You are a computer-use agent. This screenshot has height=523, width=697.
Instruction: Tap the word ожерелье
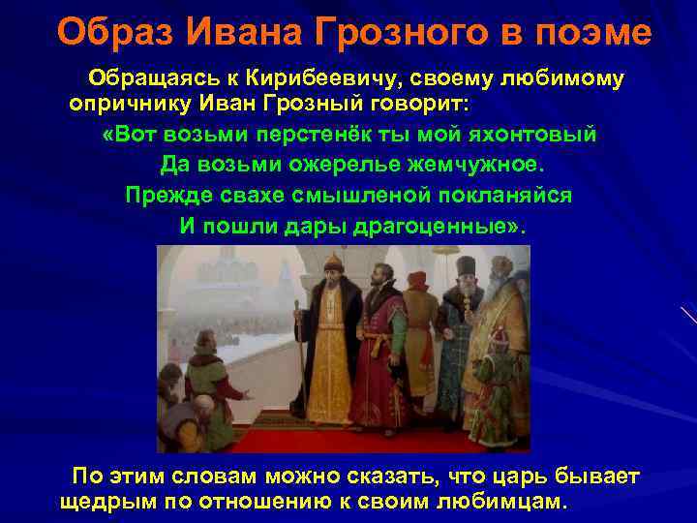[x=333, y=164]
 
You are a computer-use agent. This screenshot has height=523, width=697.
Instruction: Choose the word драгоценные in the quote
[x=439, y=226]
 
